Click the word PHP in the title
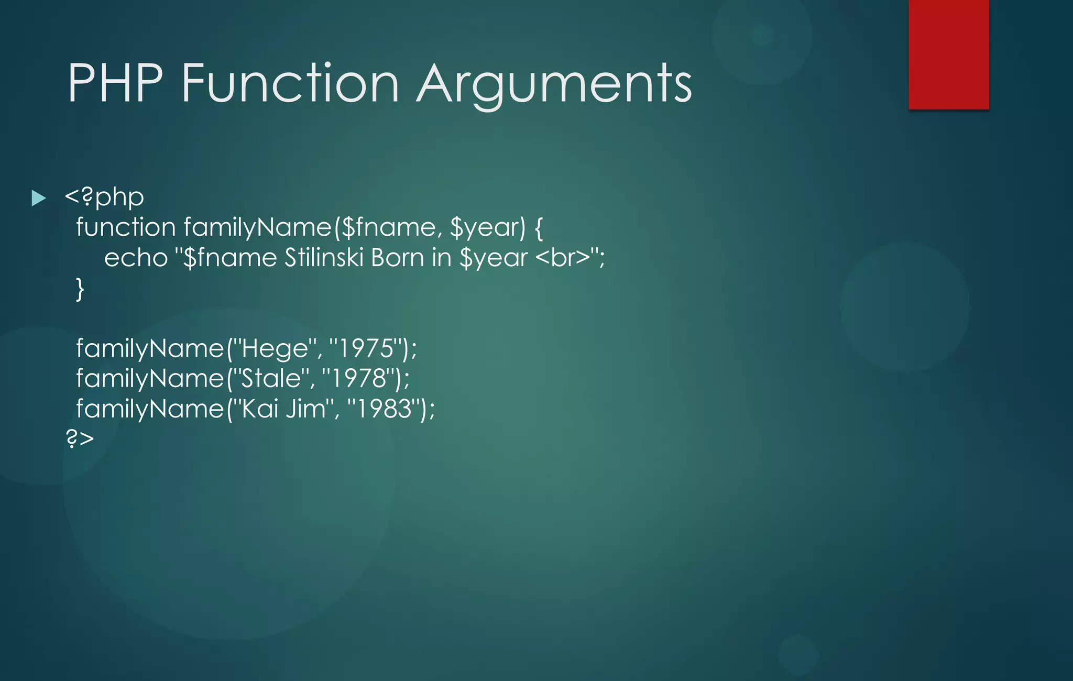[x=115, y=84]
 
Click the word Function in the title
[x=290, y=84]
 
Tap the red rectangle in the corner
[x=948, y=54]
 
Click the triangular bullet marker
[x=38, y=198]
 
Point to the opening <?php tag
[x=104, y=197]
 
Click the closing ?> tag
[x=80, y=438]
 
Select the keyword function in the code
[x=126, y=227]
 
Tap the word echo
[x=135, y=258]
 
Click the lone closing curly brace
[x=80, y=289]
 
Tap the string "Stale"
[x=270, y=378]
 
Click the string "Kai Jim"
[x=283, y=409]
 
